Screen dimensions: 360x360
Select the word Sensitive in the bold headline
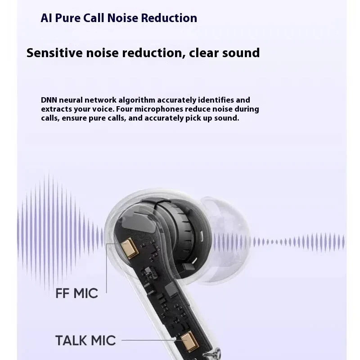[x=56, y=53]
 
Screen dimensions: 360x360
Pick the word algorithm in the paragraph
[x=137, y=100]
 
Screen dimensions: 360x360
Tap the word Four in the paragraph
[x=142, y=109]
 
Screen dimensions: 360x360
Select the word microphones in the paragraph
[x=175, y=109]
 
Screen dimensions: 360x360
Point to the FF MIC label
[x=76, y=293]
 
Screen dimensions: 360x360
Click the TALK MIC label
[x=85, y=340]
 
